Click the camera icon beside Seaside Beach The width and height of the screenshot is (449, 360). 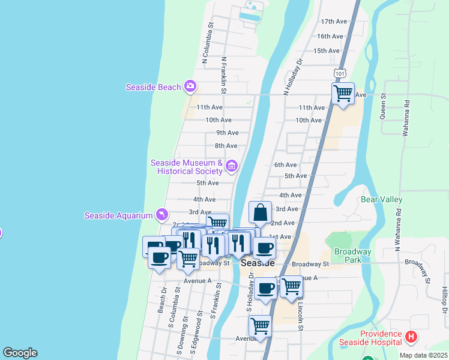pos(190,87)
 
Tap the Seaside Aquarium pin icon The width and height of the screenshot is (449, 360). pos(161,214)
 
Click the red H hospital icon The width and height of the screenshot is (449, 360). pos(411,337)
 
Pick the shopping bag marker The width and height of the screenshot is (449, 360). pos(261,214)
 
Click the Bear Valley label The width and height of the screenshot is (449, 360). pos(381,199)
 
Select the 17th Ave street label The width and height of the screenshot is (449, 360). pos(334,22)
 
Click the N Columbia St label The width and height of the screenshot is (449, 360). pos(208,43)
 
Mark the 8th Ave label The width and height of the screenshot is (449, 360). pos(226,146)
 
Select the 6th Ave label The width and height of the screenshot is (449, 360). pos(285,164)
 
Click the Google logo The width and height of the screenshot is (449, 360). pos(20,353)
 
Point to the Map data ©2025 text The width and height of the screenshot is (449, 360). pos(423,355)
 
